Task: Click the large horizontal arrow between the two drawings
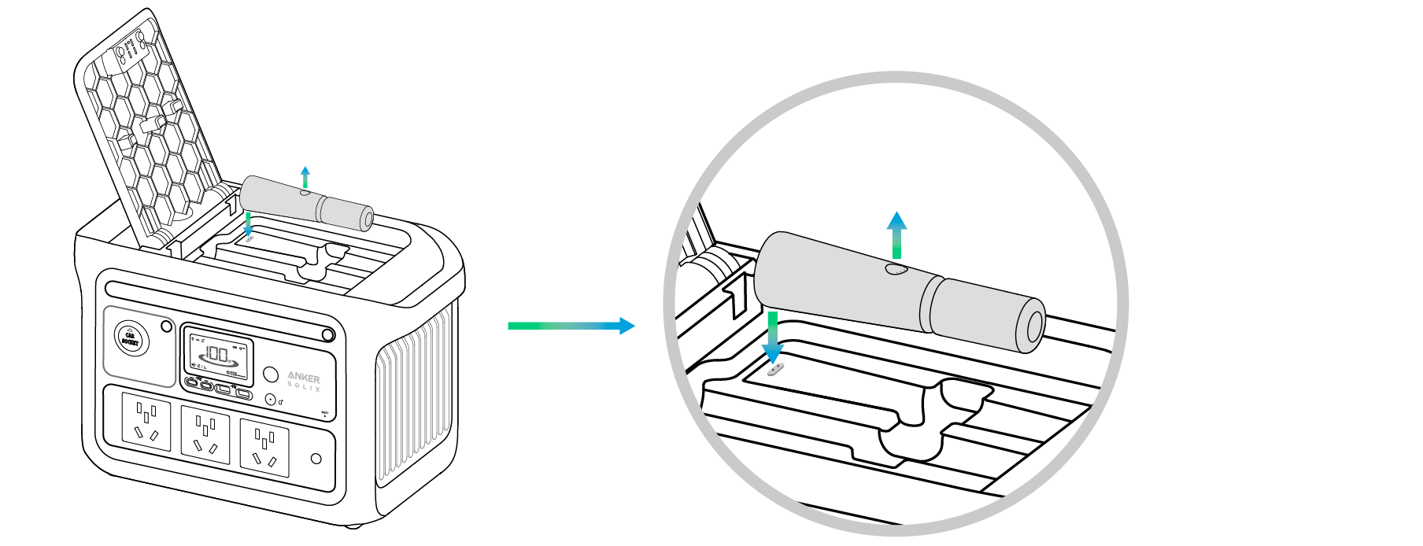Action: coord(571,326)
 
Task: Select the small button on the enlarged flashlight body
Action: coord(896,270)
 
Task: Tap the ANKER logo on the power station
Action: coord(304,378)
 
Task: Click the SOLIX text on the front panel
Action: coord(304,388)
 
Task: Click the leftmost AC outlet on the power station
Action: coord(146,422)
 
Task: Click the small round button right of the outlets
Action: coord(316,459)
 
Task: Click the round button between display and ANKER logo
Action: coord(270,373)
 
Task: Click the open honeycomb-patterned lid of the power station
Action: coord(150,134)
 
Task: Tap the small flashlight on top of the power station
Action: coord(307,204)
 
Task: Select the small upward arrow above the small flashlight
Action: coord(305,176)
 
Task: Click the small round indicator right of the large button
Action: coord(166,326)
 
